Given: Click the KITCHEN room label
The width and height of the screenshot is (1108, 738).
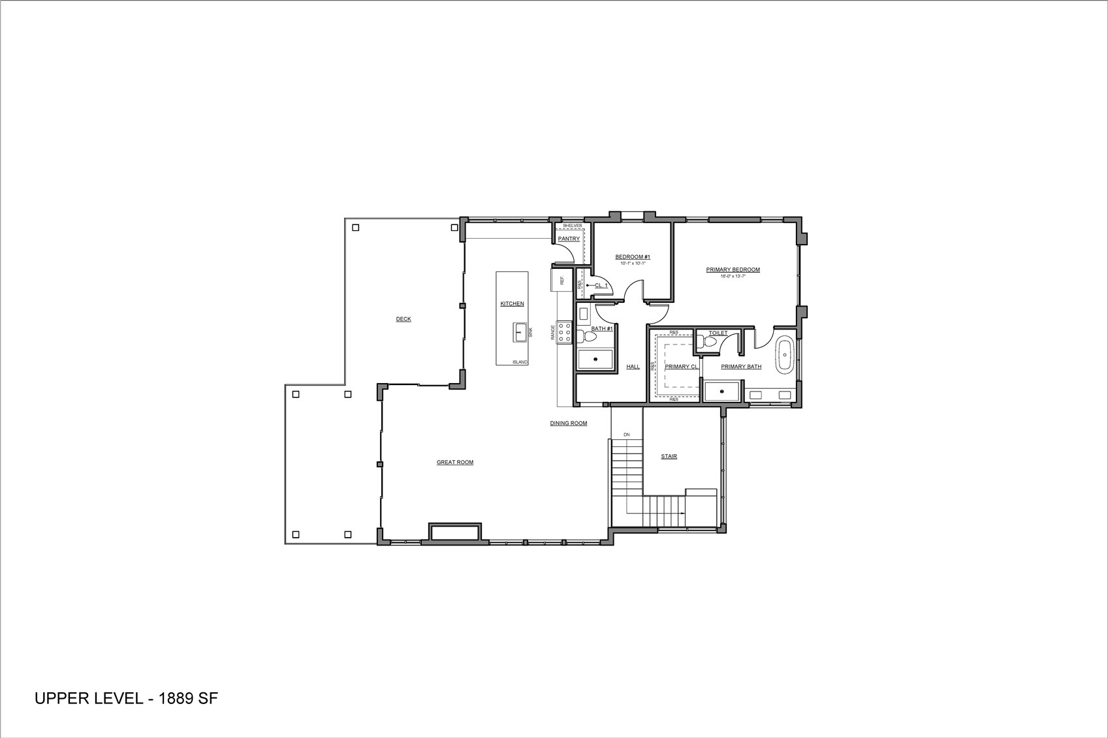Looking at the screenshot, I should point(512,303).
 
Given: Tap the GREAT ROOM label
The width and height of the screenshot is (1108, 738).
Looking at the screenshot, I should point(455,463).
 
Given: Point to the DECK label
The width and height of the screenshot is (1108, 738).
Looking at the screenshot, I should point(404,319).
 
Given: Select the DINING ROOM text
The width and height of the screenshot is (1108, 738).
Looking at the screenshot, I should point(568,423).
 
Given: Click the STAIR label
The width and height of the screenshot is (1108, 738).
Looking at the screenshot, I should point(669,456).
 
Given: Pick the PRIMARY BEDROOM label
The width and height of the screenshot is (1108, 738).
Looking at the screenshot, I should point(733,269).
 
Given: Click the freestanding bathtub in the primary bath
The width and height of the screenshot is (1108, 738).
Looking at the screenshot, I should point(784,354).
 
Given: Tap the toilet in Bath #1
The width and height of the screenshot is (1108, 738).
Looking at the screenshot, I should point(589,337).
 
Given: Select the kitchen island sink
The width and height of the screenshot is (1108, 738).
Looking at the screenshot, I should point(520,332).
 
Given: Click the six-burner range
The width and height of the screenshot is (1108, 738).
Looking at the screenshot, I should point(564,333).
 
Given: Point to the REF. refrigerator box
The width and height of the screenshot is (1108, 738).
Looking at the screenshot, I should point(561,280).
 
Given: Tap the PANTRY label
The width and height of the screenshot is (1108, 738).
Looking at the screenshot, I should point(569,239).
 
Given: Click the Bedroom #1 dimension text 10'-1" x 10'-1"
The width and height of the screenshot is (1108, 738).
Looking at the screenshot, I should point(632,264).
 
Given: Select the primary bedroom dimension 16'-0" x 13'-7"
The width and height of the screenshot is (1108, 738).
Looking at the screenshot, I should point(733,276).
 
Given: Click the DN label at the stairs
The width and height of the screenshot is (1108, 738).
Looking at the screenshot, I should point(626,435).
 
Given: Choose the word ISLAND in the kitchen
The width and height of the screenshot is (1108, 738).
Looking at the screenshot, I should point(520,362).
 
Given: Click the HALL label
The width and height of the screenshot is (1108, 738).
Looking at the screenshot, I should point(633,367).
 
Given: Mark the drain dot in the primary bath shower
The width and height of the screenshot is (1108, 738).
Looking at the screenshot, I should point(722,392).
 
